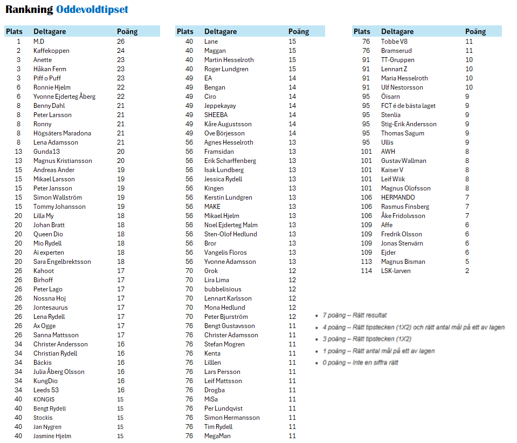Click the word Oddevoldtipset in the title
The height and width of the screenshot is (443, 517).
[92, 10]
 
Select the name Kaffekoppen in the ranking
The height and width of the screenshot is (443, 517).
[51, 51]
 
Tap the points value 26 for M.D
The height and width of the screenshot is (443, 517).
[121, 42]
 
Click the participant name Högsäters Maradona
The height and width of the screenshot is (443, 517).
[62, 133]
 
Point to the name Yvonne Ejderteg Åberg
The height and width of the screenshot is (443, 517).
[64, 97]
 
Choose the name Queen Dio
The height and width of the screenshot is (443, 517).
[48, 234]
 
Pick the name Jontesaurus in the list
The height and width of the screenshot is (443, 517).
[50, 308]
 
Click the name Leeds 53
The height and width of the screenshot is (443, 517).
[46, 390]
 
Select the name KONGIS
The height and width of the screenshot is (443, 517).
[44, 399]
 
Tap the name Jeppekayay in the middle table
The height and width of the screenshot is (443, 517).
[220, 106]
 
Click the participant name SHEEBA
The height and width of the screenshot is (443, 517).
[216, 115]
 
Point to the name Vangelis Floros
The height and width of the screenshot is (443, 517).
[225, 253]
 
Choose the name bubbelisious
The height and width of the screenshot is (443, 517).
[223, 289]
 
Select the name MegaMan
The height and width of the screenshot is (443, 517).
[217, 436]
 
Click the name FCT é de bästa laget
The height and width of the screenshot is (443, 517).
[408, 106]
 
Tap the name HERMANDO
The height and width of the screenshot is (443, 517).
[398, 197]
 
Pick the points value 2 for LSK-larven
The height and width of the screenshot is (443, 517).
[467, 271]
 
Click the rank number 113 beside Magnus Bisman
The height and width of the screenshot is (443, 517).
[367, 262]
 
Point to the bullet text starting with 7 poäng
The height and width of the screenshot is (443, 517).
[354, 315]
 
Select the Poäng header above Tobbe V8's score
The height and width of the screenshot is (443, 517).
[475, 31]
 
